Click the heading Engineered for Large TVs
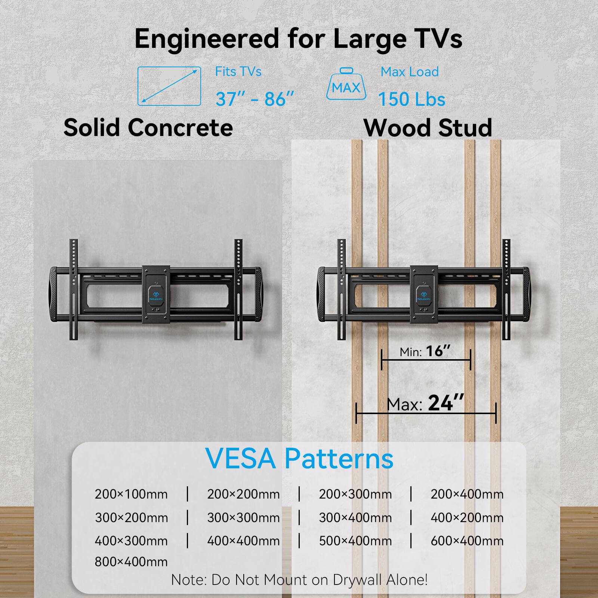(298, 38)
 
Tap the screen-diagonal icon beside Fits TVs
(169, 86)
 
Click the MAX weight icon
(346, 84)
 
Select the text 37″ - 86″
(255, 99)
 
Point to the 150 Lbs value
(411, 99)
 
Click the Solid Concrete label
(148, 128)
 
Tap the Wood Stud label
(428, 128)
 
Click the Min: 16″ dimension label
(425, 351)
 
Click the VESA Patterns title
(299, 459)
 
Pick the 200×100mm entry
(131, 494)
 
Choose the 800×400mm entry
(131, 561)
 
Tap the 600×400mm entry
(467, 541)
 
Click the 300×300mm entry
(243, 518)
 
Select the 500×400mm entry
(355, 541)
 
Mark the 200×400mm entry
(467, 494)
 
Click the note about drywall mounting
(299, 580)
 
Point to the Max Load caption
(409, 72)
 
